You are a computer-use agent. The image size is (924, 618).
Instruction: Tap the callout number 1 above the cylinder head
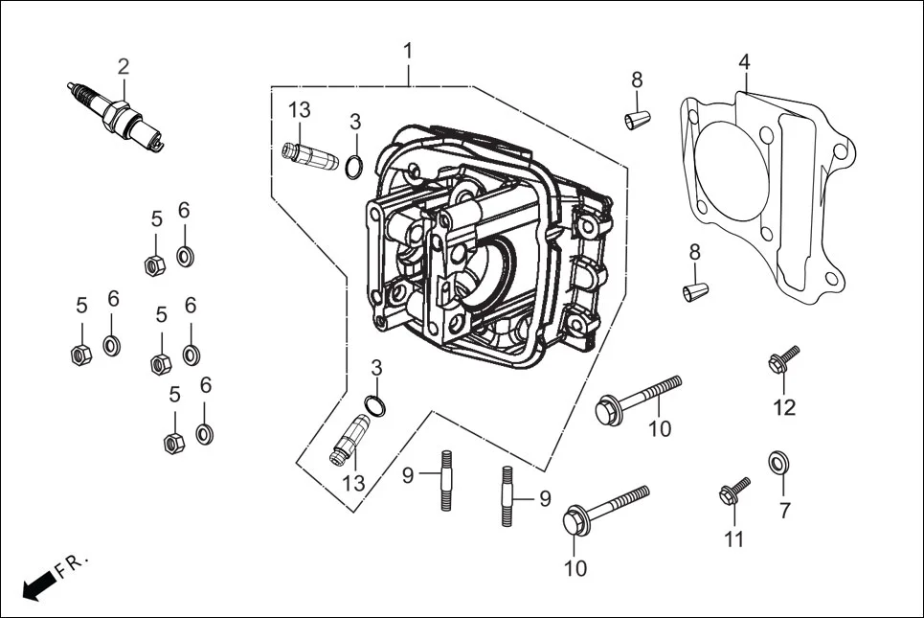pos(409,50)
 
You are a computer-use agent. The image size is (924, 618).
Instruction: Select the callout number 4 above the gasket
pos(744,61)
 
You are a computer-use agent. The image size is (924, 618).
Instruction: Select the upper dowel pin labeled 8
pos(637,120)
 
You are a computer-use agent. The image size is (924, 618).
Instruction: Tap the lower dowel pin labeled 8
pos(696,289)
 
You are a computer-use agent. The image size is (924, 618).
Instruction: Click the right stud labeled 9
pos(507,494)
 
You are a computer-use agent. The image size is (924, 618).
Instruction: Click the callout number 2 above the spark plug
pos(124,66)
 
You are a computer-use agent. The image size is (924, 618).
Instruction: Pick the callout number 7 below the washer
pos(784,511)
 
